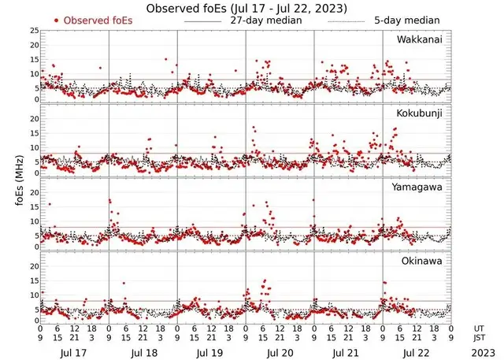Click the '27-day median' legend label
(x=265, y=20)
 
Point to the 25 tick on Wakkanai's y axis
(x=33, y=31)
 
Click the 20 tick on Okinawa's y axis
(x=33, y=266)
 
